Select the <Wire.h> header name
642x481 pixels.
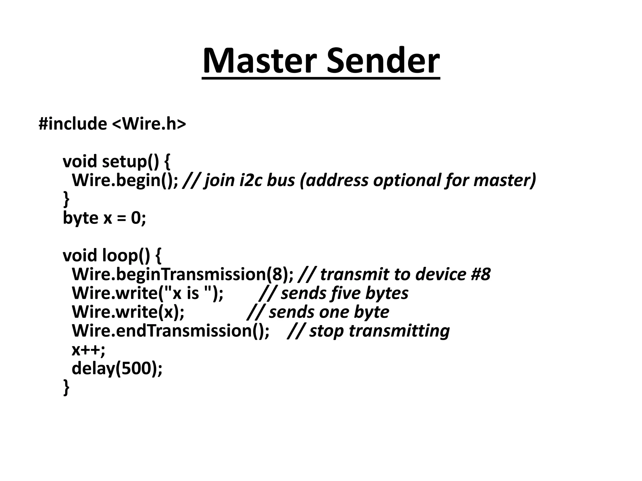149,124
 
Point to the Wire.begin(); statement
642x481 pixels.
125,180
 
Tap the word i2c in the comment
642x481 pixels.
251,180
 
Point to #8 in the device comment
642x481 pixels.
481,274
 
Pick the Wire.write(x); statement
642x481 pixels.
128,312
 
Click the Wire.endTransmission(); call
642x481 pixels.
171,331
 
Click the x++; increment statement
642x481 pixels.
89,349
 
